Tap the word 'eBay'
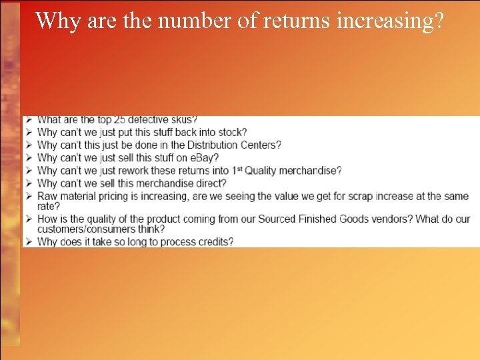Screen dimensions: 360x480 (204, 158)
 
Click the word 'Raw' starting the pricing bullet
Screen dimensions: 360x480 (47, 196)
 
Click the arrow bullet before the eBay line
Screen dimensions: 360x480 (28, 158)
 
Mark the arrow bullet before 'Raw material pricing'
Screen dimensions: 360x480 (28, 196)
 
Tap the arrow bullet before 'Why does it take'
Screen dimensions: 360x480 (28, 241)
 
